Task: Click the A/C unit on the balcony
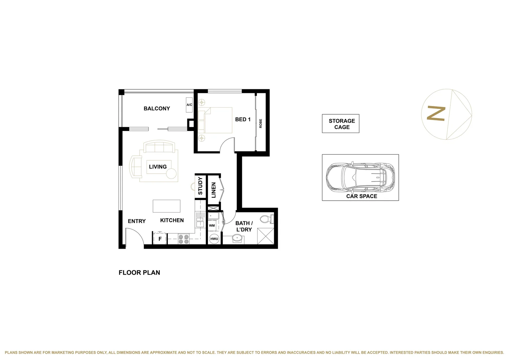click(189, 105)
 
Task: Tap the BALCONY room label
click(157, 108)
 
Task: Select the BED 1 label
click(243, 119)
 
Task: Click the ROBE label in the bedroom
click(260, 123)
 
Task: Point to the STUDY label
click(200, 186)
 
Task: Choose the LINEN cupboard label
click(214, 190)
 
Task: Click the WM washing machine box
click(212, 226)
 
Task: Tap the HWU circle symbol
click(214, 239)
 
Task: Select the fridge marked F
click(160, 239)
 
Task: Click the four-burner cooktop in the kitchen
click(184, 239)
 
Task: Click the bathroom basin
click(237, 238)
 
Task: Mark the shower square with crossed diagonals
click(265, 236)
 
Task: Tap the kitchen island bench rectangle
click(167, 206)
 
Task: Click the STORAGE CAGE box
click(340, 124)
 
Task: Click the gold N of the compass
click(436, 114)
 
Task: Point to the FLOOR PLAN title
click(139, 272)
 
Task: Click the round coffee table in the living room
click(171, 174)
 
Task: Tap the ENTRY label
click(137, 221)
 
